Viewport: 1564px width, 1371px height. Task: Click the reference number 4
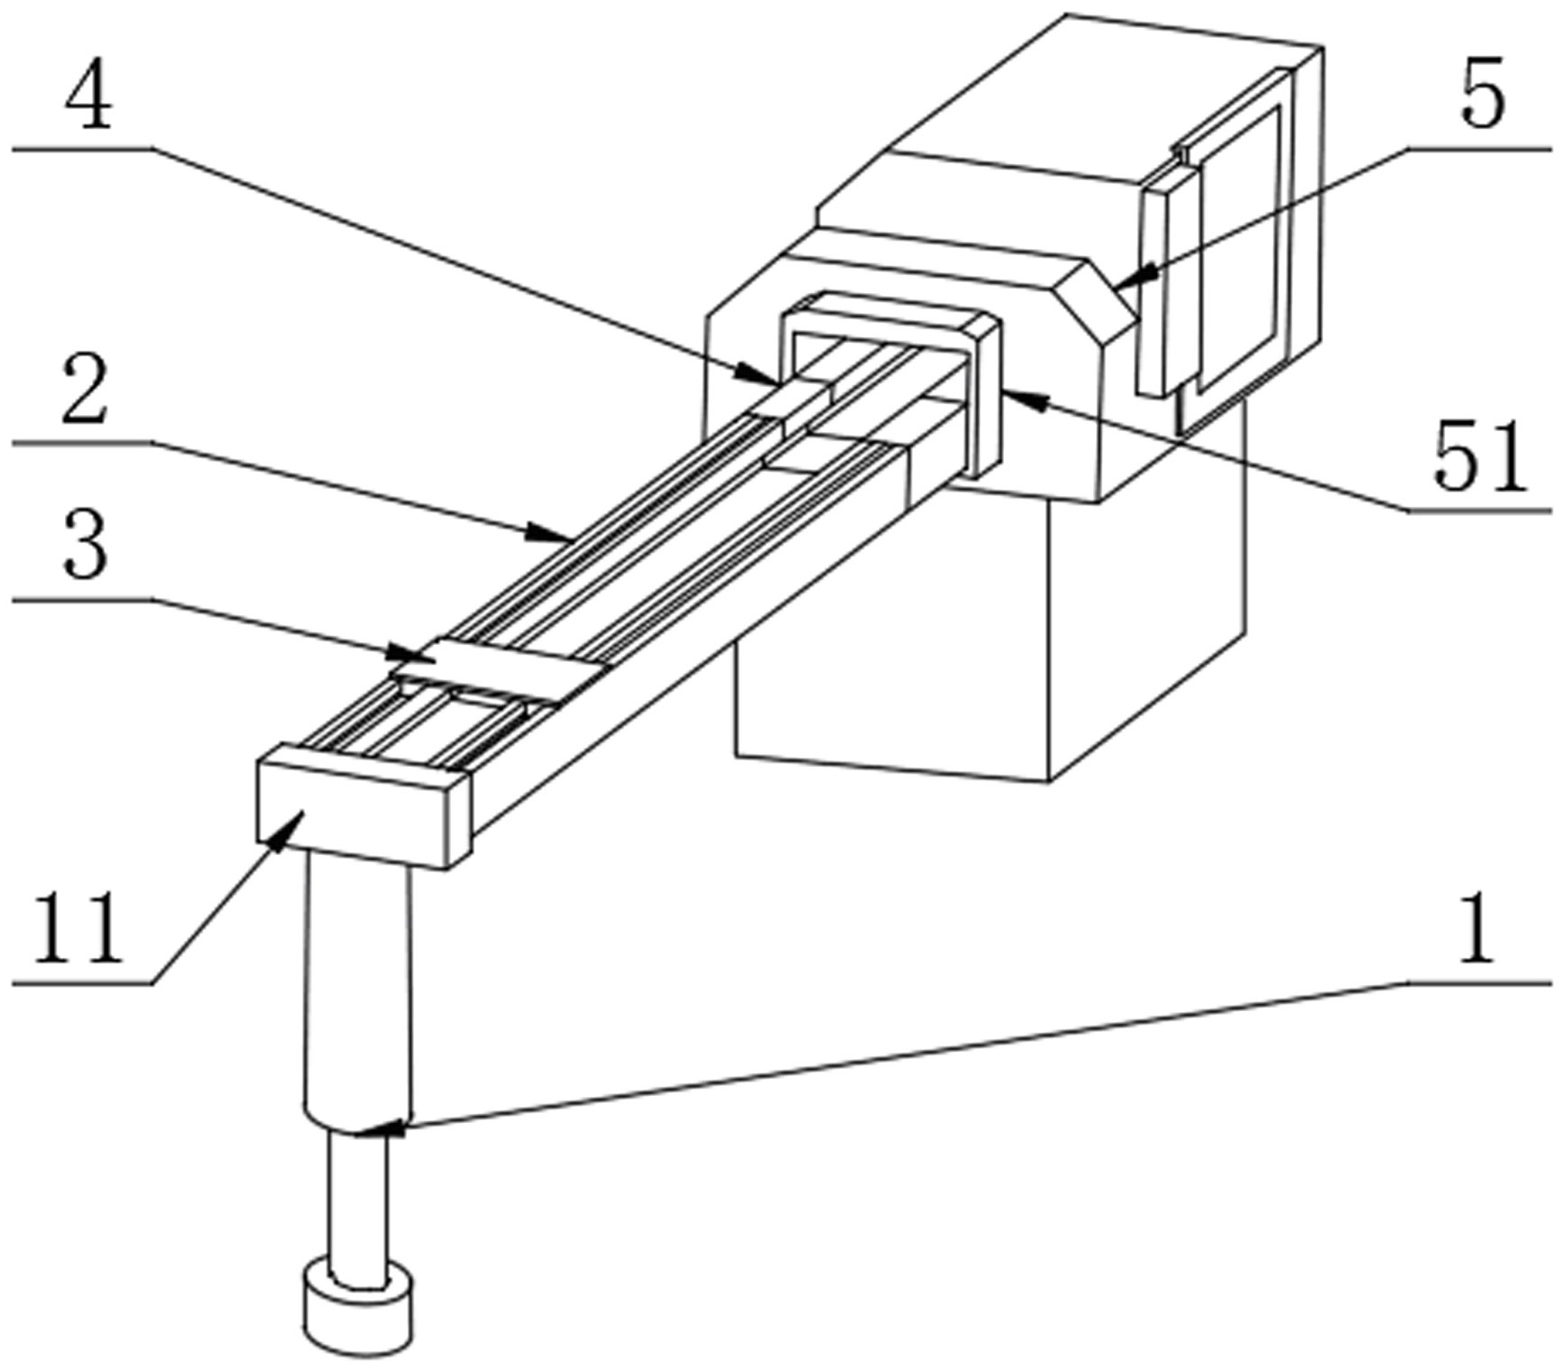click(x=88, y=96)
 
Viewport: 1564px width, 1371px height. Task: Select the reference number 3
click(x=86, y=543)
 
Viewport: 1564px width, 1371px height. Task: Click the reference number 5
click(x=1483, y=94)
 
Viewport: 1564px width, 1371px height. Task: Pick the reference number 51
click(x=1481, y=456)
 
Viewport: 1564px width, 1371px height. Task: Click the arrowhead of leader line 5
click(x=1136, y=274)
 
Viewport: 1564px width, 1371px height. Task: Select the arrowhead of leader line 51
click(x=1026, y=399)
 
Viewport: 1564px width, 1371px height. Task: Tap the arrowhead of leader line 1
click(x=383, y=1127)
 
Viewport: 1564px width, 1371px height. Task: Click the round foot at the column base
click(x=358, y=1309)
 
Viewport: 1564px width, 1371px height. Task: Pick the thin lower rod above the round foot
click(x=359, y=1203)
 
